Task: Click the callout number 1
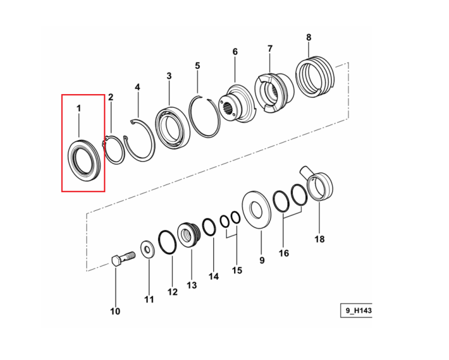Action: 78,108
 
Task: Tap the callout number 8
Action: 309,37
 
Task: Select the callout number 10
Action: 115,311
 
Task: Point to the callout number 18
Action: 320,239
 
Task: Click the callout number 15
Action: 237,270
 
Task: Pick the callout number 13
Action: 192,285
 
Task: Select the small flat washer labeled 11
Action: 147,249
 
